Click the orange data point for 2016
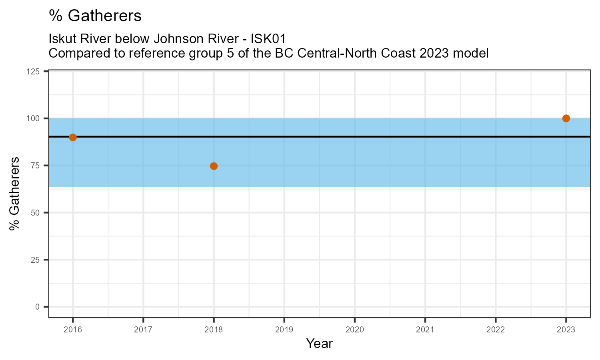tap(73, 137)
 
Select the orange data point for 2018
tap(214, 166)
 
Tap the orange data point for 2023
tap(566, 118)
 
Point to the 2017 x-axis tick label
tap(143, 330)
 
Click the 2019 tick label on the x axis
tap(284, 330)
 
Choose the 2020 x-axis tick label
tap(354, 330)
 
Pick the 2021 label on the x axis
tap(425, 330)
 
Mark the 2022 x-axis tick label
tap(496, 330)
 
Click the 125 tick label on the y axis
tap(35, 71)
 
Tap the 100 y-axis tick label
tap(35, 118)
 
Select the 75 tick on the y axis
tap(37, 166)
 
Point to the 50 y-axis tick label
tap(37, 212)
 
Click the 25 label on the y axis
tap(37, 260)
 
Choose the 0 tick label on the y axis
tap(38, 307)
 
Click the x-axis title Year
tap(319, 344)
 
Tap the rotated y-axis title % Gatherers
tap(15, 194)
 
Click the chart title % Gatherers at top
tap(95, 16)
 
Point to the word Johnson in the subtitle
tap(177, 39)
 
